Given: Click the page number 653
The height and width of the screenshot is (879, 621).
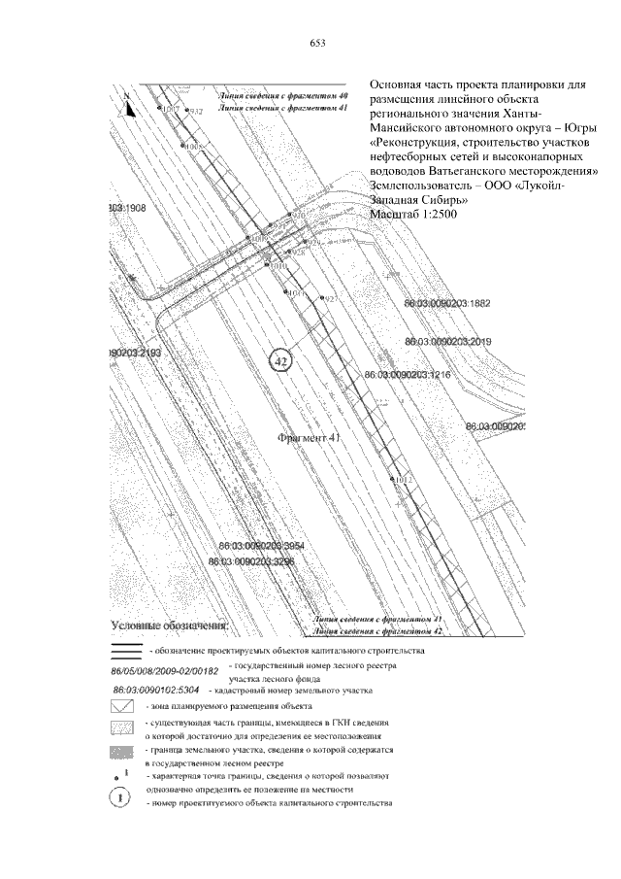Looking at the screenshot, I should (x=316, y=42).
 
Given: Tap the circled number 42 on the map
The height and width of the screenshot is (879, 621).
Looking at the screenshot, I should (x=279, y=361).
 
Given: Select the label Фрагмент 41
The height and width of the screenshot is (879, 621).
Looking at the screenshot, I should (x=311, y=438).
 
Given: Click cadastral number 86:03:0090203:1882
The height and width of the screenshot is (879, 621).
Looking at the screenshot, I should (x=447, y=304).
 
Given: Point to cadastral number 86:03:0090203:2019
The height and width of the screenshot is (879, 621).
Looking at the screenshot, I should (x=448, y=342).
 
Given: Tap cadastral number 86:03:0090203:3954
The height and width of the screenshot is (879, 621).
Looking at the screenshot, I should (x=262, y=547).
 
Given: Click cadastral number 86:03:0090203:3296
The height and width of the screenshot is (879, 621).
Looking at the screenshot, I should (x=250, y=561).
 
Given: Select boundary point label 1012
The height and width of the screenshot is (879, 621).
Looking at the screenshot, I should (x=405, y=480).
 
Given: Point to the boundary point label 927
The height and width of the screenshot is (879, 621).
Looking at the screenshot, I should (x=331, y=299).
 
